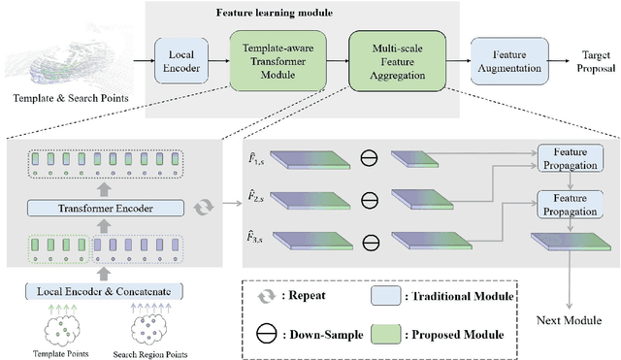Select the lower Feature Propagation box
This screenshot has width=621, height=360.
tap(570, 203)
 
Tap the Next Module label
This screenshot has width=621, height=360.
tap(570, 319)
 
